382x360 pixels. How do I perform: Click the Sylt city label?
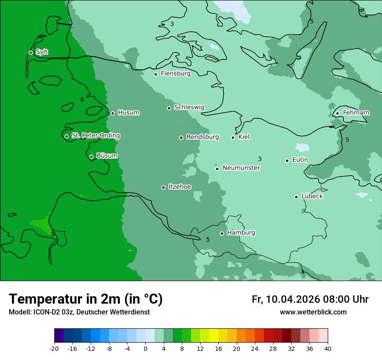(x=42, y=52)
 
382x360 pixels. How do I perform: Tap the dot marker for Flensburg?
(x=155, y=74)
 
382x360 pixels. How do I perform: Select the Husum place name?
(x=128, y=113)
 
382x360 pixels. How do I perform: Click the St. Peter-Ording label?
(x=95, y=136)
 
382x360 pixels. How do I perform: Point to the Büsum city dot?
(x=91, y=157)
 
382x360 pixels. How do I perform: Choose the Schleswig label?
(x=189, y=107)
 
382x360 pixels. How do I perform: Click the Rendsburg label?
(x=203, y=137)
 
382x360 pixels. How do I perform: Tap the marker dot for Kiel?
(x=233, y=137)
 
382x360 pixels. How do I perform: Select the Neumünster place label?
(x=241, y=168)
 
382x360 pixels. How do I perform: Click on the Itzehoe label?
(x=180, y=187)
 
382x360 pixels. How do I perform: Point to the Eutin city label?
(x=300, y=160)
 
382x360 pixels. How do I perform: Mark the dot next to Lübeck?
(x=296, y=197)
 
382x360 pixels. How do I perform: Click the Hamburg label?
(x=241, y=232)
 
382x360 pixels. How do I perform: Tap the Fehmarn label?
(x=356, y=113)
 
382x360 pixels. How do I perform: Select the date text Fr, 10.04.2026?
(x=286, y=299)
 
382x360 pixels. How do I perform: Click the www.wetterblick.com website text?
(x=313, y=312)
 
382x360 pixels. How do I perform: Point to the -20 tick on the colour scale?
(x=54, y=348)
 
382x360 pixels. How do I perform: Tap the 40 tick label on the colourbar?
(x=328, y=348)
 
